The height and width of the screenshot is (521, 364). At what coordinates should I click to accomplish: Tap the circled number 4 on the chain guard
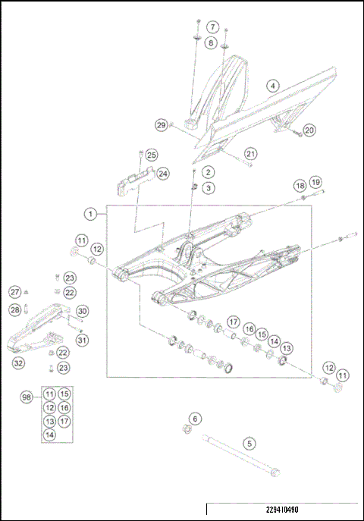click(x=272, y=86)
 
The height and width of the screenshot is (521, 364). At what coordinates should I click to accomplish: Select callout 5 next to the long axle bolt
click(x=248, y=443)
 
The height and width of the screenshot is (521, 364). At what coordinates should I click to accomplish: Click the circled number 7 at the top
click(x=213, y=27)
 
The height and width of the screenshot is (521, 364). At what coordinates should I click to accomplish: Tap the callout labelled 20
click(x=309, y=130)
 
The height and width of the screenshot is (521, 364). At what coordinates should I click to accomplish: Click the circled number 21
click(x=251, y=154)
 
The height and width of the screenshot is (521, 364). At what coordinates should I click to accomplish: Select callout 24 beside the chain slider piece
click(x=163, y=174)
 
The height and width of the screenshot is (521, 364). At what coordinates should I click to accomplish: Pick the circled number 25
click(x=152, y=155)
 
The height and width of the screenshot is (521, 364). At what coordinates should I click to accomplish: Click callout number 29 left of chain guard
click(x=161, y=125)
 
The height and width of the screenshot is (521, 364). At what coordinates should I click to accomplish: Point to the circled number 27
click(x=14, y=292)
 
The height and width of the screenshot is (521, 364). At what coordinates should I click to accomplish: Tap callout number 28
click(x=14, y=309)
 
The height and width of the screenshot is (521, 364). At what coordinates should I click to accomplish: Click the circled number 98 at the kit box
click(x=27, y=398)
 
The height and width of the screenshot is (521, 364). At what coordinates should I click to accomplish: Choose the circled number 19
click(x=315, y=183)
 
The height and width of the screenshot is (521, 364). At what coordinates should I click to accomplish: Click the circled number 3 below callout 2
click(x=208, y=187)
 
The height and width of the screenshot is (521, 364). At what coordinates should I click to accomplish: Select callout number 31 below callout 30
click(x=82, y=340)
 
